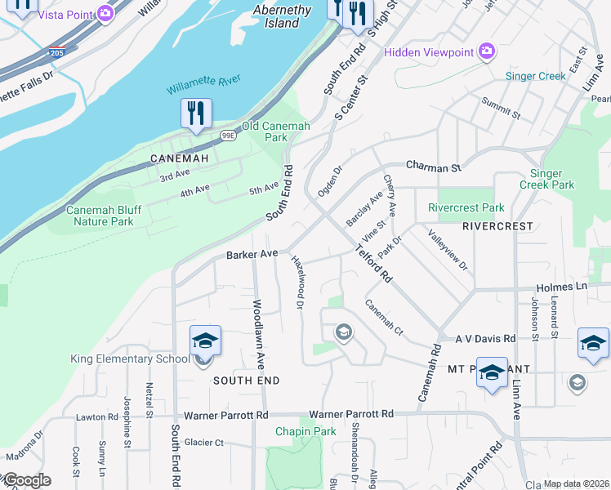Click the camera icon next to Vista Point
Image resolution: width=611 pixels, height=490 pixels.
pyautogui.click(x=105, y=13)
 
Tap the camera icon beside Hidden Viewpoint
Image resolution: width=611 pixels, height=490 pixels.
pyautogui.click(x=487, y=52)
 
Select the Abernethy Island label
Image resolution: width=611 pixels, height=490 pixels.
pyautogui.click(x=282, y=16)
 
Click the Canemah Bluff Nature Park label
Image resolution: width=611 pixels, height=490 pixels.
pyautogui.click(x=104, y=216)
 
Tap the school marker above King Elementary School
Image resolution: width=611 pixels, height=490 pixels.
pyautogui.click(x=205, y=341)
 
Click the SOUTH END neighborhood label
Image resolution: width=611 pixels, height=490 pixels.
pyautogui.click(x=247, y=381)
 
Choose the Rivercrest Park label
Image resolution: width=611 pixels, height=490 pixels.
pyautogui.click(x=466, y=207)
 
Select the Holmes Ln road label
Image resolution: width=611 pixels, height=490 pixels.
pyautogui.click(x=562, y=287)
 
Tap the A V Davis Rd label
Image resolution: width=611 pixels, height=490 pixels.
pyautogui.click(x=485, y=338)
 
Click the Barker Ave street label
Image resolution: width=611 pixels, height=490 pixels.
pyautogui.click(x=253, y=255)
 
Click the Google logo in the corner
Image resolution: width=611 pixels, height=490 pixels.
pyautogui.click(x=26, y=480)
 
